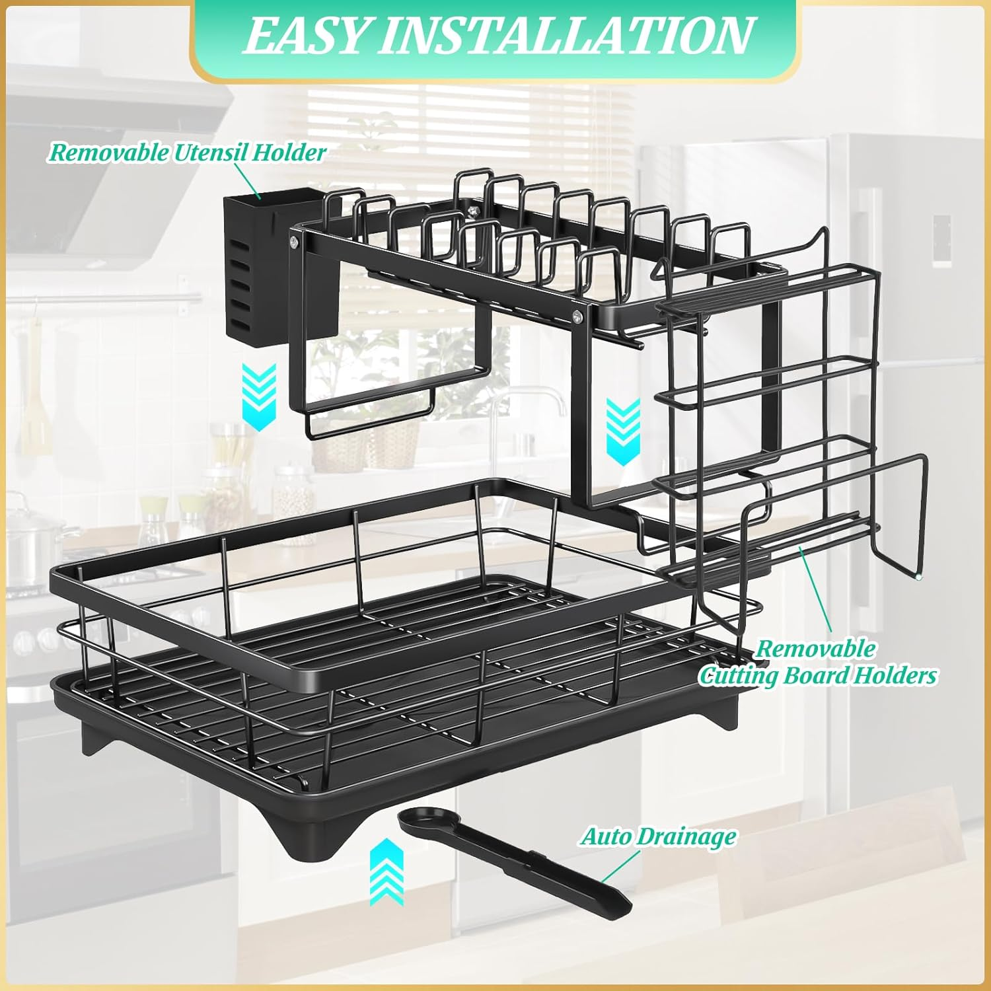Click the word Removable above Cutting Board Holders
815,648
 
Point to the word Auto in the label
605,836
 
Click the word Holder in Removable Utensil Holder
289,153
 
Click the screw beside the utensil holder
293,246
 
